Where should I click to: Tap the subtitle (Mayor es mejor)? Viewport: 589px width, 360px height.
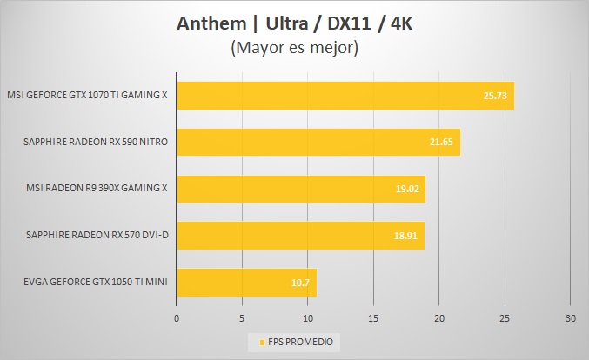[294, 48]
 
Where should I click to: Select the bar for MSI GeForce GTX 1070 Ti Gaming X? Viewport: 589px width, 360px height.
[345, 95]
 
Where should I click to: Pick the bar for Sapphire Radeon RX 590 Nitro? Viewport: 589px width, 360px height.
[318, 141]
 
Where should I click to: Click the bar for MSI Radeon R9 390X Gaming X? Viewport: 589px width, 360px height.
[301, 188]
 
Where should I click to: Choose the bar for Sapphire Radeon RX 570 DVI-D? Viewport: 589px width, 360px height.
[300, 235]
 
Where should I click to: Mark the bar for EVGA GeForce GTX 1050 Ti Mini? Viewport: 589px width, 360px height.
[246, 282]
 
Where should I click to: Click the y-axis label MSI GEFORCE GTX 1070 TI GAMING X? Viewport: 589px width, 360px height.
[87, 95]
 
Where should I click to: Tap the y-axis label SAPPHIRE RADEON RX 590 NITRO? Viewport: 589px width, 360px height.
[97, 141]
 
